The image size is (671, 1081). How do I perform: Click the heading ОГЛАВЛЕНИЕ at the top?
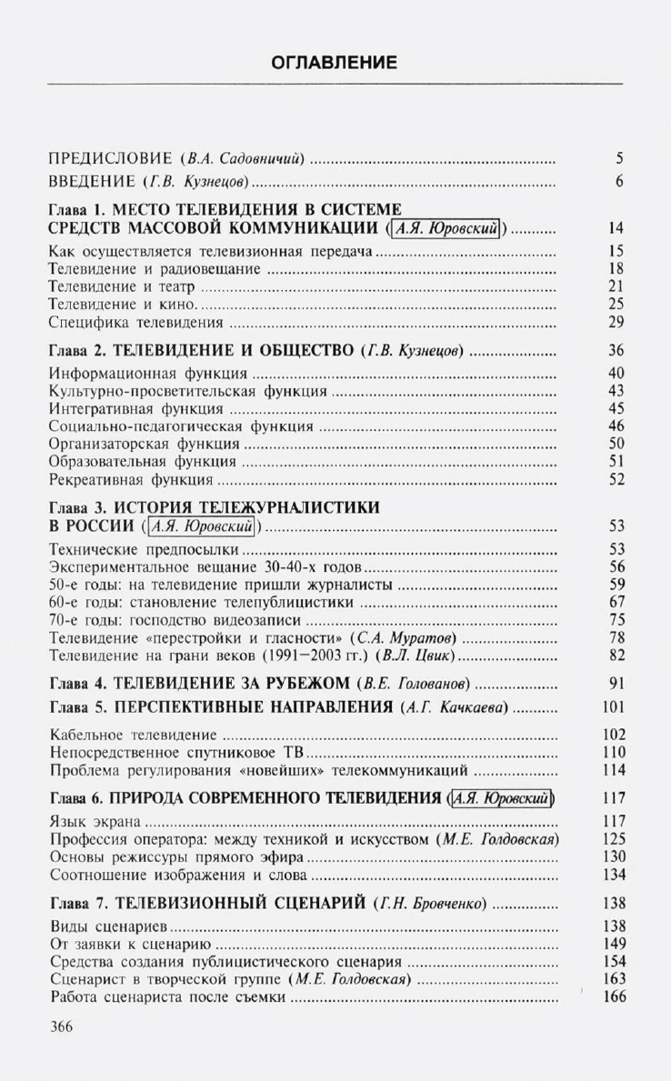[335, 63]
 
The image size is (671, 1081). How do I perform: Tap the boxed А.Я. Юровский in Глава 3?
[203, 526]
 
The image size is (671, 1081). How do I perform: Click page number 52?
[616, 479]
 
